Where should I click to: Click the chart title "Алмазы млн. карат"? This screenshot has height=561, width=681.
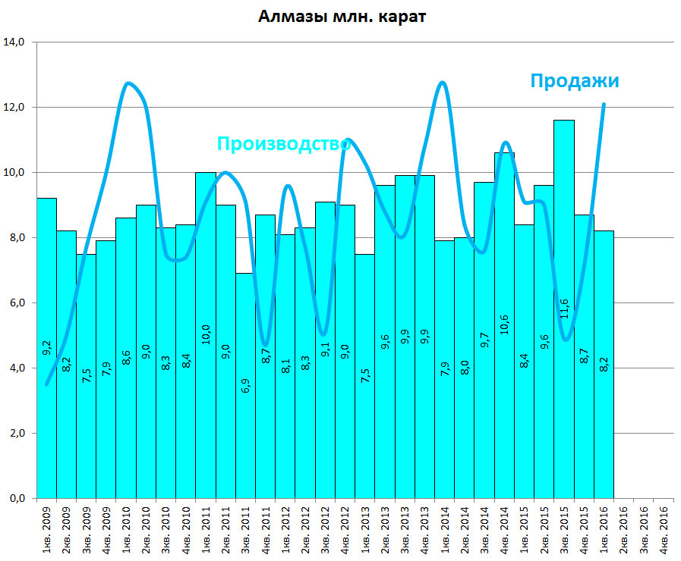coord(341,17)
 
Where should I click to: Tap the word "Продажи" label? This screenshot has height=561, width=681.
coord(574,81)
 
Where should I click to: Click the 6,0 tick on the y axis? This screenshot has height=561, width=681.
coord(17,303)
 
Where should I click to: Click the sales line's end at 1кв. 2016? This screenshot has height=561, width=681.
coord(604,105)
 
